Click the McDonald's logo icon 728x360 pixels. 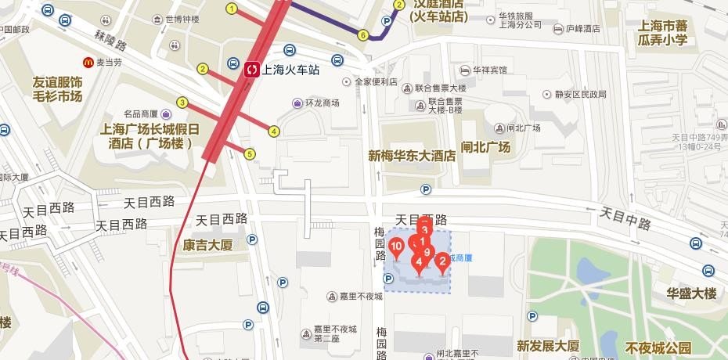[89, 62]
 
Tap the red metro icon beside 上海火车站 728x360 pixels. [253, 70]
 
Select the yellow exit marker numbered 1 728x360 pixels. [231, 9]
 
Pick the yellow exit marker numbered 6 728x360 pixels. [362, 34]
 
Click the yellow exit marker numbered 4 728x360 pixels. [274, 131]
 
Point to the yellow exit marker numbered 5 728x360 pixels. [250, 154]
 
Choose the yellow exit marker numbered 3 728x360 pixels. [182, 103]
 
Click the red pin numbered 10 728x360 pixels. [396, 248]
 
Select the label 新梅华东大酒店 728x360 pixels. [412, 156]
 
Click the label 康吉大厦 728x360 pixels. [208, 245]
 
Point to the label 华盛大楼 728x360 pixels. [691, 293]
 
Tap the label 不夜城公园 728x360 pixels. [659, 347]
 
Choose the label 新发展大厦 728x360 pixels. [548, 345]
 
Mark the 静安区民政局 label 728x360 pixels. [580, 94]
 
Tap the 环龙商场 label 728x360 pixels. [321, 103]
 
